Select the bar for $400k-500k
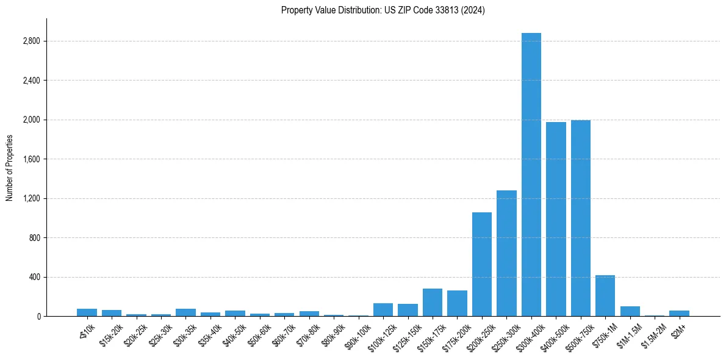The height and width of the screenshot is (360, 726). click(556, 219)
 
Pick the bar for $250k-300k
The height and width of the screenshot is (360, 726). click(506, 253)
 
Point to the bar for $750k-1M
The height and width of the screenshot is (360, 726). click(605, 296)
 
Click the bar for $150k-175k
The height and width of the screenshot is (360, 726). click(433, 303)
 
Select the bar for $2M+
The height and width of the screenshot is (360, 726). click(679, 314)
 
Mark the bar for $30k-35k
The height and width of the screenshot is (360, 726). click(185, 312)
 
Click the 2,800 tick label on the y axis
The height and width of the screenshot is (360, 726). click(31, 41)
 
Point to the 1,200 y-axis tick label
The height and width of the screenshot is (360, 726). click(31, 199)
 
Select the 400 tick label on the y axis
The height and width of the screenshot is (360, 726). click(34, 278)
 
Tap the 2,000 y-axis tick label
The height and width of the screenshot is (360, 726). click(31, 120)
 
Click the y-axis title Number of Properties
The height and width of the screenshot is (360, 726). click(10, 168)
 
